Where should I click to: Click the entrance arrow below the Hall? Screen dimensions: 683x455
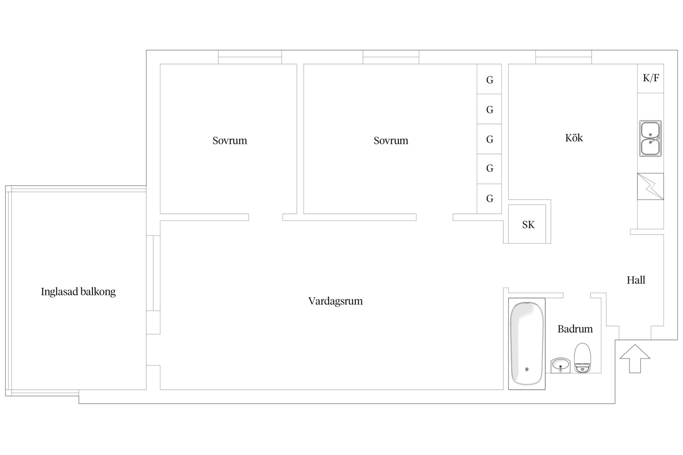click(x=635, y=359)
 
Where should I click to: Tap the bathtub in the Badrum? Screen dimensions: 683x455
click(x=527, y=344)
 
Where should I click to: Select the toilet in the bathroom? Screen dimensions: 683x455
click(x=582, y=358)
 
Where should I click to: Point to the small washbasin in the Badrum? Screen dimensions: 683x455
click(x=560, y=365)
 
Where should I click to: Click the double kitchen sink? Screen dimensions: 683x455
click(x=651, y=139)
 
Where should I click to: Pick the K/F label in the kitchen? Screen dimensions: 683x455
click(x=651, y=78)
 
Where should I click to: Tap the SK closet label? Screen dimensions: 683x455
click(x=528, y=225)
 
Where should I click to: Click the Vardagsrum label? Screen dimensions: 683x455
click(x=336, y=301)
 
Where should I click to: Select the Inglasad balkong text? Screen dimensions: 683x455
click(x=78, y=292)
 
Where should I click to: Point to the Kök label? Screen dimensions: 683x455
click(x=574, y=138)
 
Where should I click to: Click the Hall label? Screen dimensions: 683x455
click(x=636, y=280)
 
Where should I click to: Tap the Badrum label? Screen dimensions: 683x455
click(x=575, y=329)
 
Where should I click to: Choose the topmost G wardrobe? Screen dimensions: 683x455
click(x=489, y=79)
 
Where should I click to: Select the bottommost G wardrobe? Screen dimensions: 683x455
click(x=489, y=199)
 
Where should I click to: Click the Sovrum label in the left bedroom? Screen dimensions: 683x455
click(x=230, y=140)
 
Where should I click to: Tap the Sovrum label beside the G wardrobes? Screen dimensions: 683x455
click(x=391, y=140)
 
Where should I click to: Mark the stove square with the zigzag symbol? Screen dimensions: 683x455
click(x=651, y=187)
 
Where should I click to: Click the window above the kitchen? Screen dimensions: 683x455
click(x=564, y=57)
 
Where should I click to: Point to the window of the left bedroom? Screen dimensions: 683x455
click(x=250, y=57)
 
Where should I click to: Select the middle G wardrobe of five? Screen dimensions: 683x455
click(x=489, y=139)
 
